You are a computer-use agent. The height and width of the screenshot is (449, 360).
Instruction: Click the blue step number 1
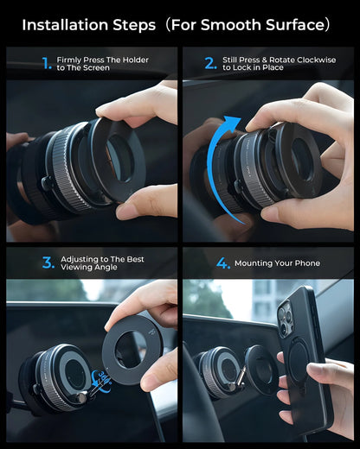tap(47, 63)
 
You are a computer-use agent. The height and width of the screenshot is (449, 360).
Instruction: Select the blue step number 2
tap(210, 63)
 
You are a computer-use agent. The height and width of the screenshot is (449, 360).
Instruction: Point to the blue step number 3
tap(48, 262)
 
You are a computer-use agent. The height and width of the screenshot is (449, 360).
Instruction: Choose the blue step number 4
tap(223, 263)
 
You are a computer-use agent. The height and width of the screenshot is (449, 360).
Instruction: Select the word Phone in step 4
tap(308, 263)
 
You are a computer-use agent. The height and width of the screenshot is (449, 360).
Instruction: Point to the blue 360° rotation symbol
tap(101, 381)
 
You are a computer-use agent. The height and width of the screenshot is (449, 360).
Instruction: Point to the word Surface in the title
tap(296, 25)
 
